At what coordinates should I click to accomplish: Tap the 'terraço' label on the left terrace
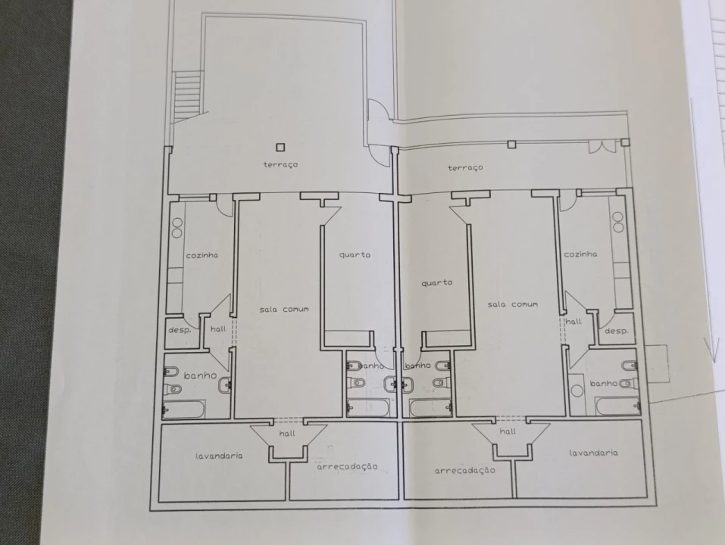pos(280,164)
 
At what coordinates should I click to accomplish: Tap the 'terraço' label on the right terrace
pos(465,167)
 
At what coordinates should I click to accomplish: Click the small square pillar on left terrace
pos(280,148)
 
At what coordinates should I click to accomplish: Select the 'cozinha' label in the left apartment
pos(202,255)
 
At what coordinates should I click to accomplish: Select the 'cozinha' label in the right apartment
pos(580,254)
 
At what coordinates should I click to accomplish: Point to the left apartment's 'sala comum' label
pos(284,310)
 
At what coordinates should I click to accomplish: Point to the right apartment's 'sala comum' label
pos(513,304)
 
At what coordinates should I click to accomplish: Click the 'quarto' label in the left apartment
pos(355,254)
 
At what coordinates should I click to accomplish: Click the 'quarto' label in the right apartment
pos(437,282)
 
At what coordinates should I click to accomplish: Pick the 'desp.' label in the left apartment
pos(180,330)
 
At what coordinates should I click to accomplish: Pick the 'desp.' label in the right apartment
pos(617,331)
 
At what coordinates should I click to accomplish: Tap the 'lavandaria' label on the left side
pos(219,456)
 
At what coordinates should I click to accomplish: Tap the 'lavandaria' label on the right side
pos(594,453)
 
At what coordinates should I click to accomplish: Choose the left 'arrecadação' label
pos(347,467)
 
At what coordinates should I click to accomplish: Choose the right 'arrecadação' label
pos(464,471)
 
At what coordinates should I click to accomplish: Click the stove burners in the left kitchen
pos(177,228)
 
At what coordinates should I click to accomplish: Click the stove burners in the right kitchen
pos(618,222)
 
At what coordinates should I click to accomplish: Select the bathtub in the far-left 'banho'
pos(183,410)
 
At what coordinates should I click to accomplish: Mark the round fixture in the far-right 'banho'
pos(577,391)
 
